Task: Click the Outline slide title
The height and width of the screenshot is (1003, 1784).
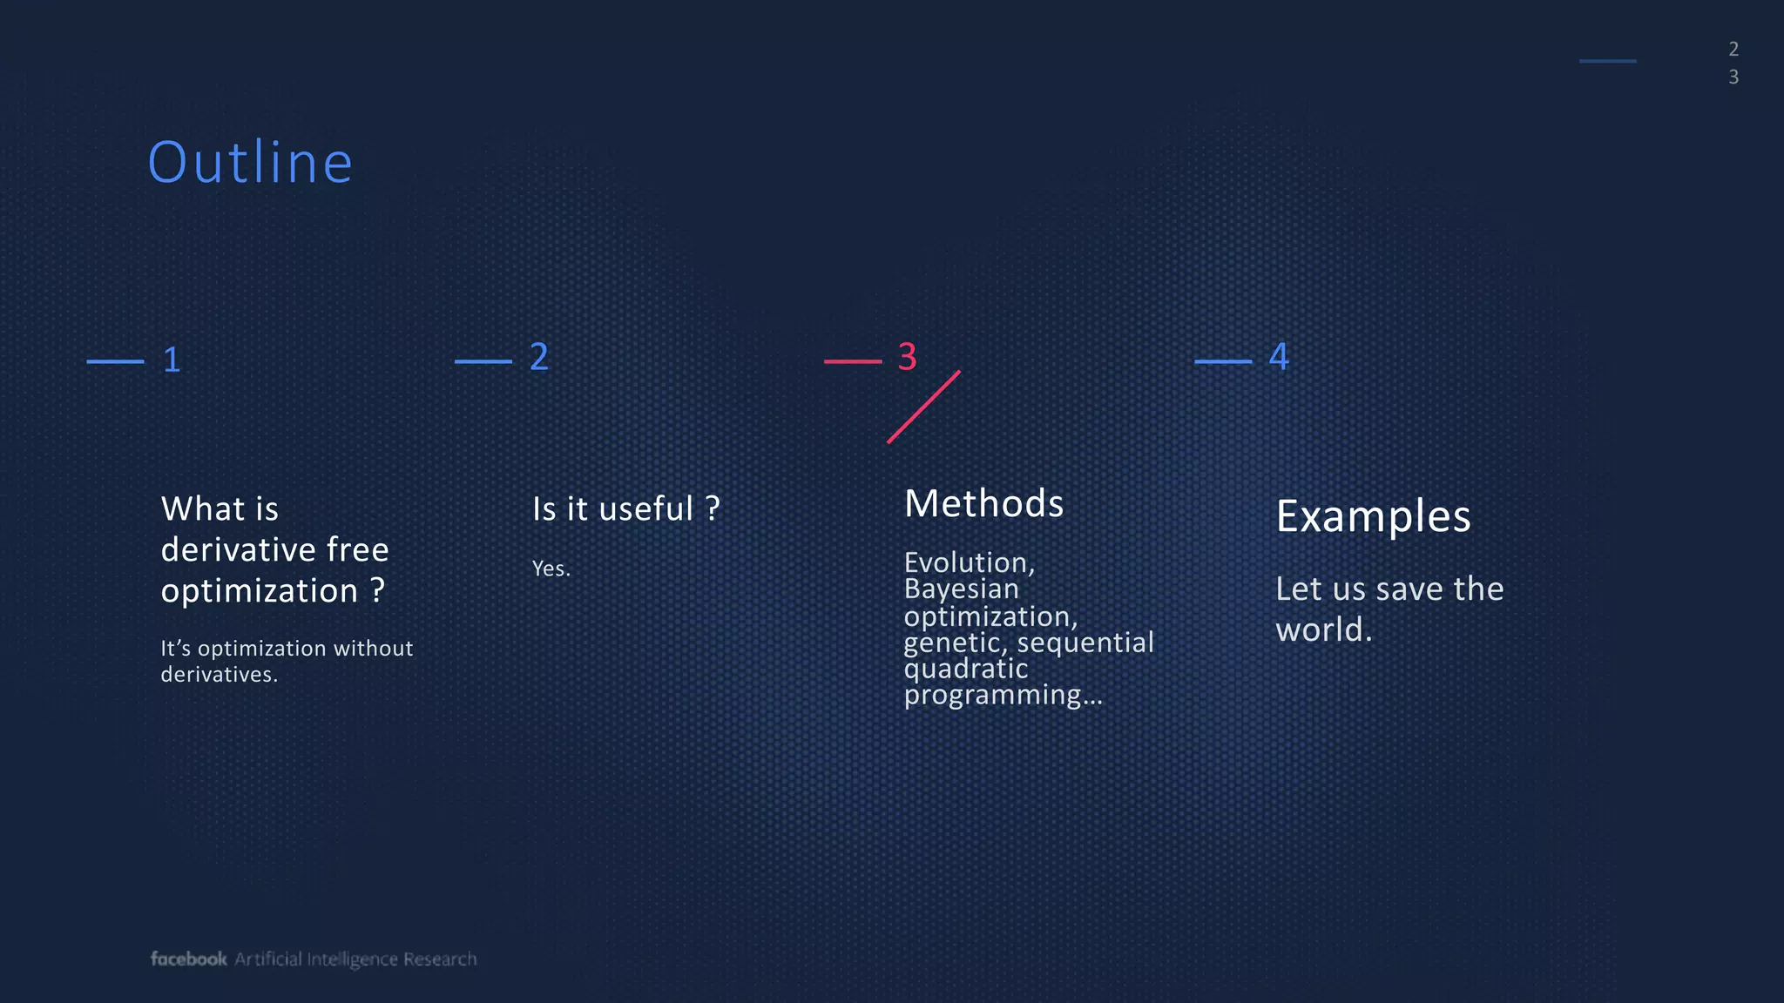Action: click(250, 163)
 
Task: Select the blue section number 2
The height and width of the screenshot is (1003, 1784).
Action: click(539, 357)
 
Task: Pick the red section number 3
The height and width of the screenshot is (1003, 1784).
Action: click(907, 357)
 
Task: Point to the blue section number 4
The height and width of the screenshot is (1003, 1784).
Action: click(1279, 357)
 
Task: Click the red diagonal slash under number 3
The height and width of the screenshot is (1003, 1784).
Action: click(923, 407)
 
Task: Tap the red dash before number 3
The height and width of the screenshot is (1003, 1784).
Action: click(853, 361)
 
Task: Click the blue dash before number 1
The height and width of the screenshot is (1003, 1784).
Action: click(115, 361)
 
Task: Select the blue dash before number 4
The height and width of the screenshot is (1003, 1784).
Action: click(1223, 361)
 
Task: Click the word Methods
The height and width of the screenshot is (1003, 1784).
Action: click(983, 504)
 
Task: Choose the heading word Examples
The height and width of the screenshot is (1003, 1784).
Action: click(1373, 517)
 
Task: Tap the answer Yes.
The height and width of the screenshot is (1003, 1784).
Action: click(551, 569)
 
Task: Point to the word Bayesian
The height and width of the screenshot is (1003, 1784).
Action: click(961, 590)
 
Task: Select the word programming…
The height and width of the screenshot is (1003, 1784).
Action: click(1003, 696)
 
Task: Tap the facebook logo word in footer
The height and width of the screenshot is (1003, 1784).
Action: click(188, 959)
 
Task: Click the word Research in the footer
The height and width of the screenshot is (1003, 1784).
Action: click(440, 959)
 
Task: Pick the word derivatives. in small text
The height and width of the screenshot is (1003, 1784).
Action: click(219, 675)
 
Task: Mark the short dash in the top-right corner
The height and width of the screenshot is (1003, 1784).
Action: click(1607, 61)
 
